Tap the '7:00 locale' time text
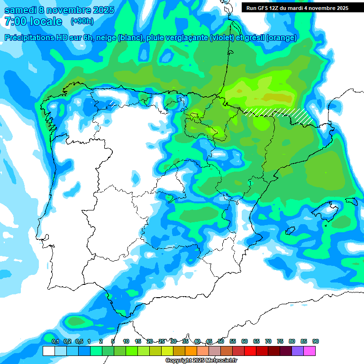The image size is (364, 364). (x=33, y=21)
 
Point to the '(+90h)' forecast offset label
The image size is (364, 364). (x=82, y=21)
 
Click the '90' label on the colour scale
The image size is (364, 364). (x=316, y=341)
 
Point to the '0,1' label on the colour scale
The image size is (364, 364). (x=55, y=341)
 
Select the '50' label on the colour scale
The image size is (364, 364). (x=221, y=341)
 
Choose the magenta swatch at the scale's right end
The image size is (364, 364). (x=309, y=351)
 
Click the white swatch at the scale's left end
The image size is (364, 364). (x=48, y=351)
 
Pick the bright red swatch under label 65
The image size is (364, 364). (x=250, y=351)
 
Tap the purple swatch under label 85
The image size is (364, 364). (x=298, y=351)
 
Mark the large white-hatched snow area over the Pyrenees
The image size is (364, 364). (x=280, y=114)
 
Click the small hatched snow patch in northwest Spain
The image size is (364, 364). (x=113, y=102)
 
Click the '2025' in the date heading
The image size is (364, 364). (x=99, y=10)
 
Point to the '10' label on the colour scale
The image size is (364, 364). (x=126, y=341)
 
